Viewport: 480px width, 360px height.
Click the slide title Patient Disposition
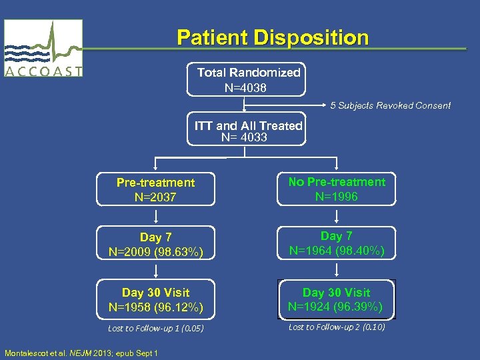tap(272, 37)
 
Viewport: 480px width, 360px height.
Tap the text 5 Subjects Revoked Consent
tap(391, 105)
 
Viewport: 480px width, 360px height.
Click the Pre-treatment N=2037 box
tap(155, 189)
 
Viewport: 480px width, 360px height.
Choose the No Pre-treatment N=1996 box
tap(337, 189)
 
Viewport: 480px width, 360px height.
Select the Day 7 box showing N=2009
tap(155, 245)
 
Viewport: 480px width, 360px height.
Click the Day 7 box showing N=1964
tap(337, 243)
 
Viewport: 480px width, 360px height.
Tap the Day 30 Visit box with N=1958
tap(155, 300)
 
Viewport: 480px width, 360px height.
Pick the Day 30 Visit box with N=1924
tap(337, 299)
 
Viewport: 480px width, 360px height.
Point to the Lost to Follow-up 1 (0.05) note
tap(155, 328)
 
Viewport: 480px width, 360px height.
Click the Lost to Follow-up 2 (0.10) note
tap(337, 327)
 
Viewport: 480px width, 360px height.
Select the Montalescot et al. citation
tap(81, 353)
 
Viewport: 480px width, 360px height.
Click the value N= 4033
tap(244, 137)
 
